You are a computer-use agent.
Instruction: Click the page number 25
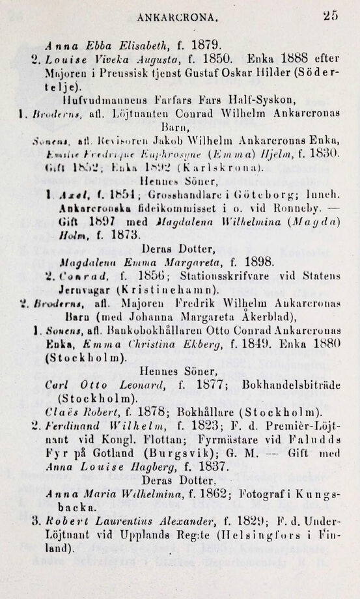click(331, 18)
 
